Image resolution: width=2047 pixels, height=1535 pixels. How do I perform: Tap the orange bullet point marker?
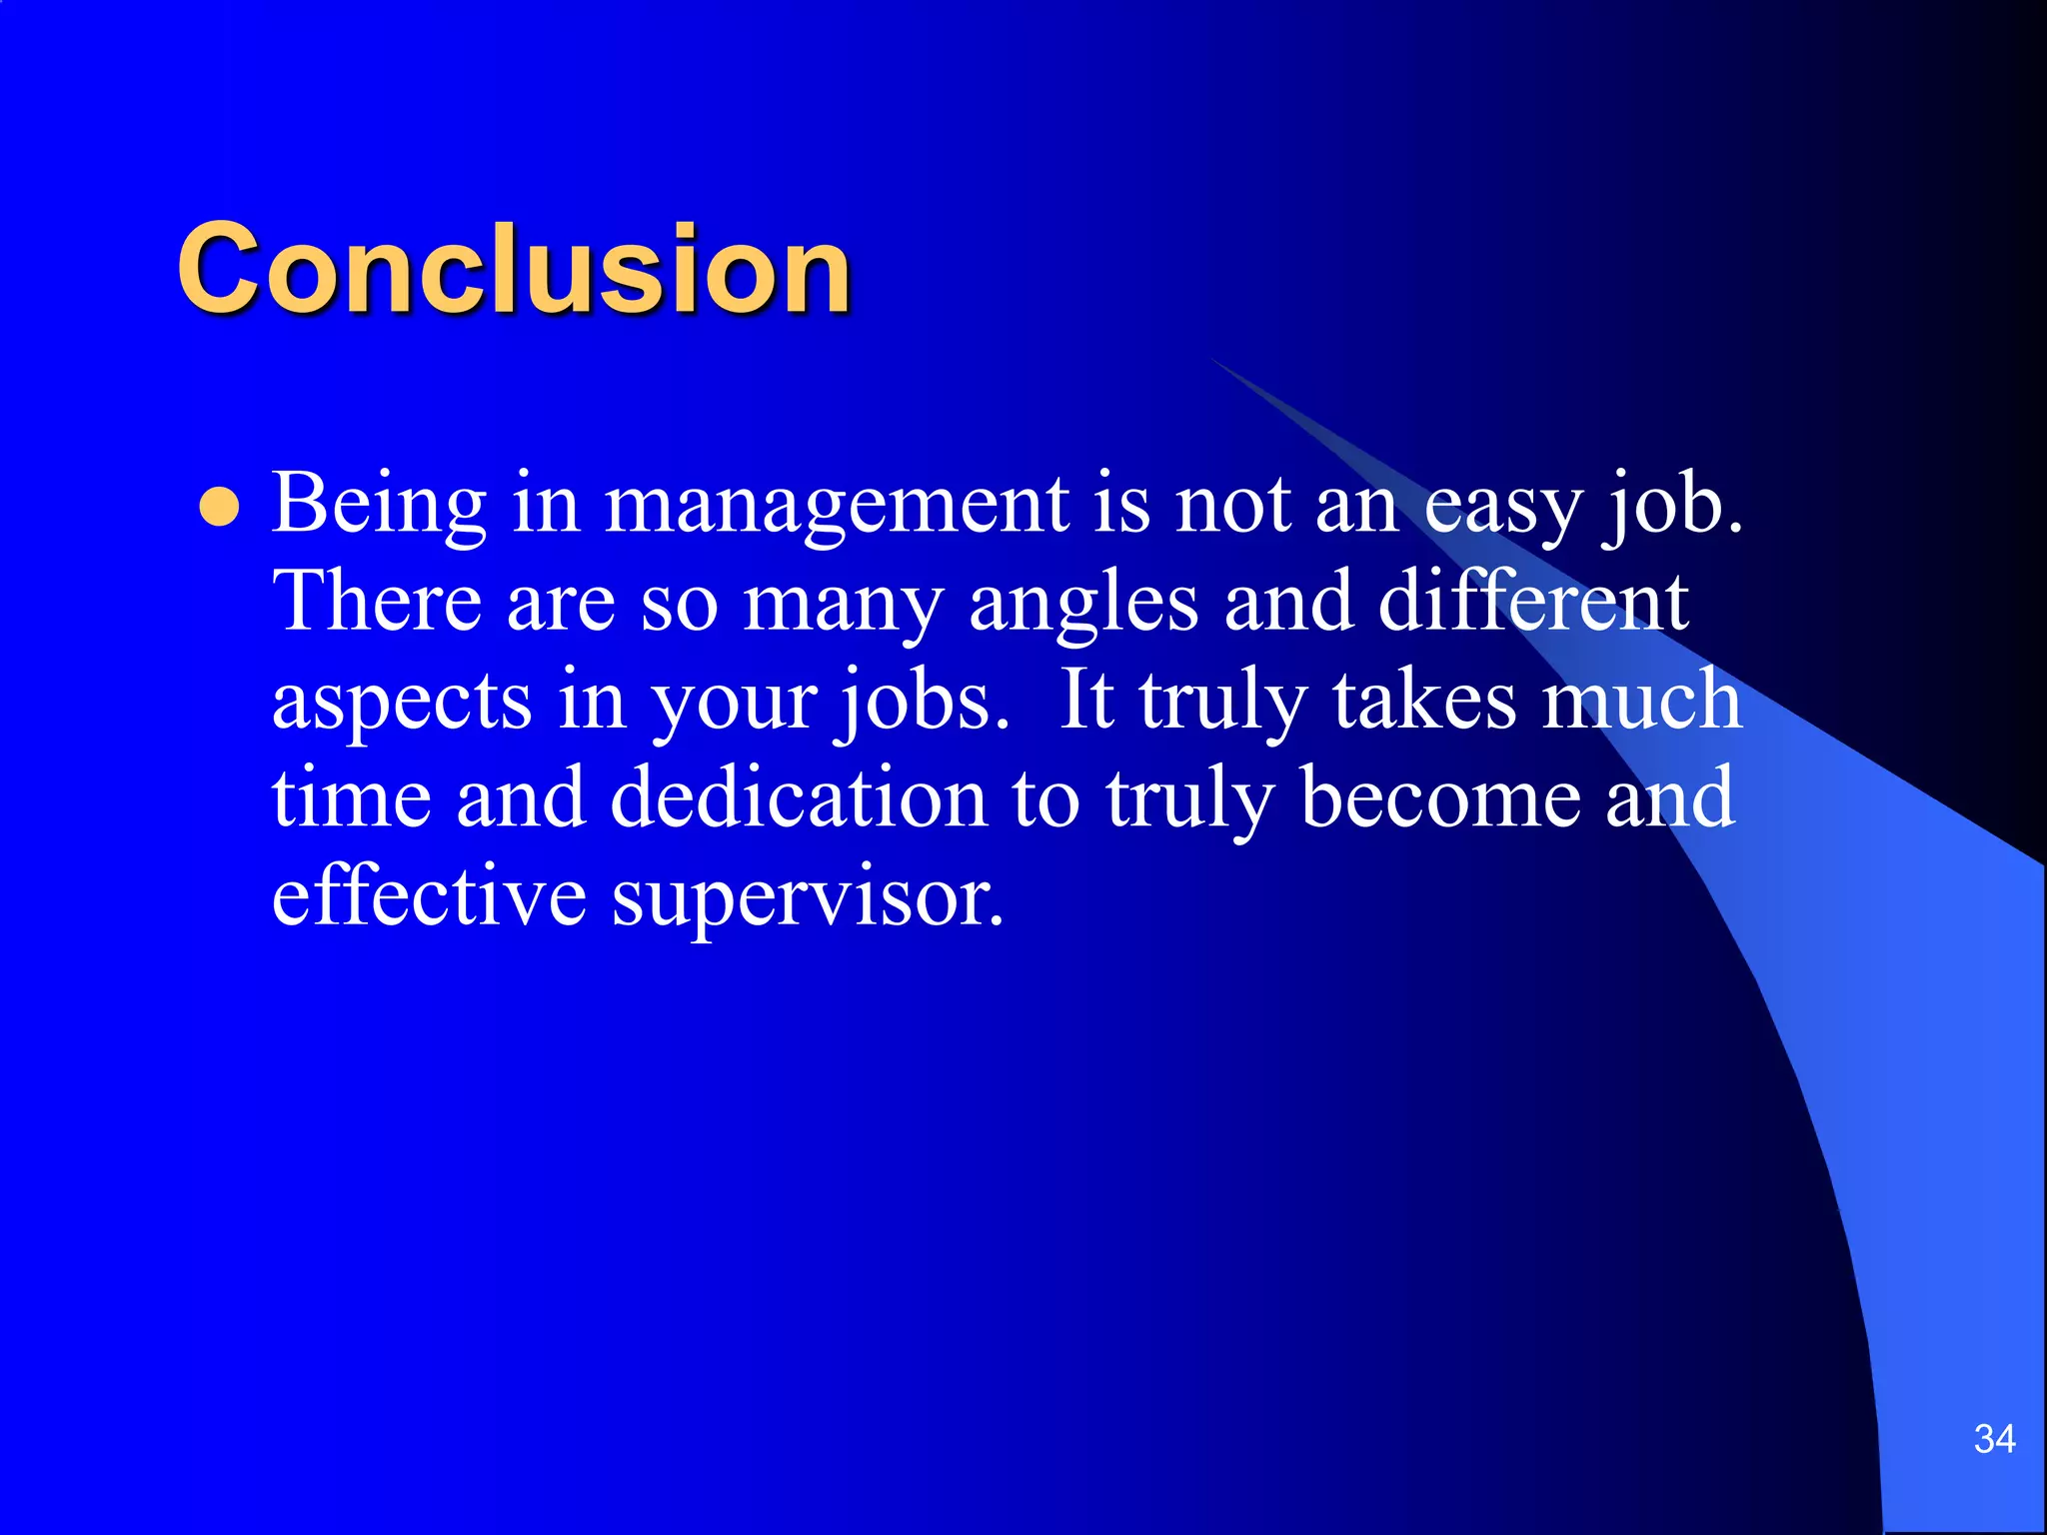point(219,508)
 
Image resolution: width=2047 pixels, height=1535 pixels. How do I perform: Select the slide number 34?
point(1994,1439)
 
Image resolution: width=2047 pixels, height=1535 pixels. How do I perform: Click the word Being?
point(379,504)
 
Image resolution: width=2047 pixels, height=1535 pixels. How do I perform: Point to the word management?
point(837,506)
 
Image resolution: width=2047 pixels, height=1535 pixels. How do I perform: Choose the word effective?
point(429,895)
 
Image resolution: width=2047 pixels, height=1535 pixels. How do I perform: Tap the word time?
point(351,797)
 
